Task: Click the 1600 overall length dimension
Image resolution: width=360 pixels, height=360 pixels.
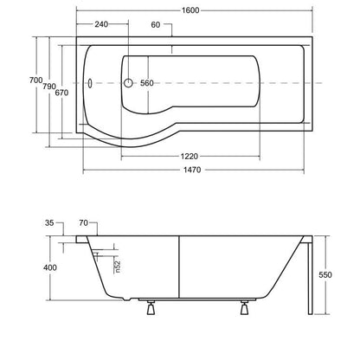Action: (190, 10)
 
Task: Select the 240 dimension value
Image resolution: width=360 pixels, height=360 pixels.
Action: (101, 24)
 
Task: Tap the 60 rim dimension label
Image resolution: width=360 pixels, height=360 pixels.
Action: (156, 25)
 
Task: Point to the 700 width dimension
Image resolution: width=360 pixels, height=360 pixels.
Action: (36, 80)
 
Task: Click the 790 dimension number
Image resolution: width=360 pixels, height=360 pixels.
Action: (49, 86)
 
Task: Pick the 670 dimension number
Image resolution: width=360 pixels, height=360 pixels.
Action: (61, 93)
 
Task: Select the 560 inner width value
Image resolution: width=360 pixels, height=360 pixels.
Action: (147, 83)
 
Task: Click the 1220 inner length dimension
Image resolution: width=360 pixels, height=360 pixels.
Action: (190, 157)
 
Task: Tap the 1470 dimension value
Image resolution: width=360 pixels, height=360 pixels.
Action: (192, 170)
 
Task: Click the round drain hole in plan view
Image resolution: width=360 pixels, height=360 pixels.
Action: (128, 83)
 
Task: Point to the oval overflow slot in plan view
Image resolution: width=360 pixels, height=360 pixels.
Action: (90, 83)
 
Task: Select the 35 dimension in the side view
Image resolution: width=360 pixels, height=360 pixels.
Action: (49, 223)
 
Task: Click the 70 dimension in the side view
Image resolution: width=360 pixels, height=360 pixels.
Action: (83, 223)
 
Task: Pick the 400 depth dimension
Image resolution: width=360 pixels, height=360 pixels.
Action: (50, 267)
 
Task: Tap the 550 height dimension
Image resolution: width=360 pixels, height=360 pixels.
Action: (325, 274)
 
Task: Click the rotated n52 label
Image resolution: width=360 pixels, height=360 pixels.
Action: (117, 267)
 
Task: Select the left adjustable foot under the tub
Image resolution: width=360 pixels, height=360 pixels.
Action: (151, 308)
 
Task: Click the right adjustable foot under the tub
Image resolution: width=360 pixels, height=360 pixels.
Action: (245, 308)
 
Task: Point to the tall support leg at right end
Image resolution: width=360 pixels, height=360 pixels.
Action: (310, 278)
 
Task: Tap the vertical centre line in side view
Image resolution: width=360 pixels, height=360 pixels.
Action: (179, 267)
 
